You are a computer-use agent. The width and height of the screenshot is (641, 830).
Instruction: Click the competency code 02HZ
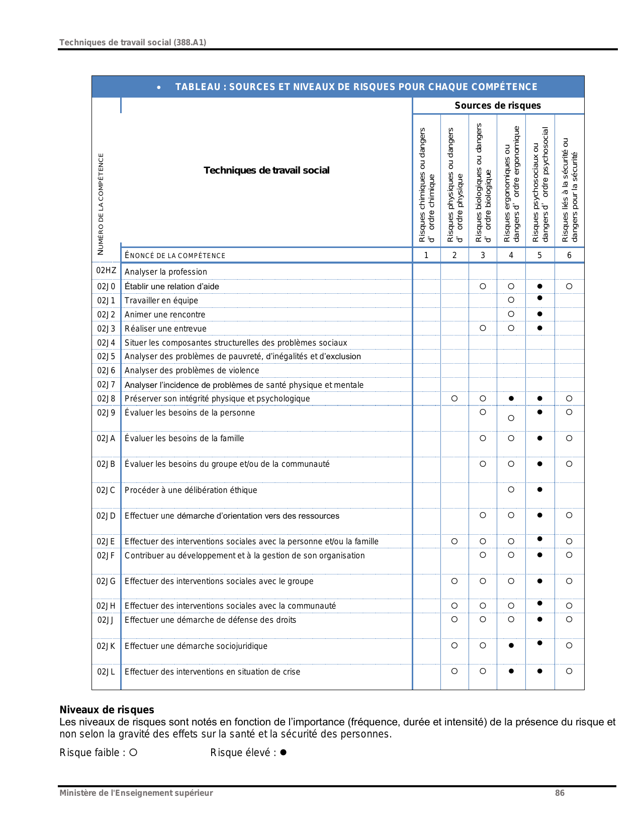pyautogui.click(x=106, y=271)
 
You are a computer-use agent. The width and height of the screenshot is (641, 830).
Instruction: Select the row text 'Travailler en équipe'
pyautogui.click(x=161, y=300)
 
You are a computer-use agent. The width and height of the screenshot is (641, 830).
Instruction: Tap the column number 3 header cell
pyautogui.click(x=483, y=255)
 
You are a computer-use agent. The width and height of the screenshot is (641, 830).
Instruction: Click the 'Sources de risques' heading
pyautogui.click(x=498, y=106)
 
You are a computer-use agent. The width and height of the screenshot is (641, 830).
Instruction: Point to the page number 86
pyautogui.click(x=560, y=793)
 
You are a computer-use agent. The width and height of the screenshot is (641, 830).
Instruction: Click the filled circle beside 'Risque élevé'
pyautogui.click(x=284, y=753)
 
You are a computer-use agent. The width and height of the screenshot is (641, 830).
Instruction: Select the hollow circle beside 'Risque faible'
pyautogui.click(x=133, y=753)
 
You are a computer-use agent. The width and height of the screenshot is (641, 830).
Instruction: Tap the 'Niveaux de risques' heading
pyautogui.click(x=107, y=710)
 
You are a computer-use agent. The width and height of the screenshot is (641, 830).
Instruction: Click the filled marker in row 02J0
pyautogui.click(x=540, y=286)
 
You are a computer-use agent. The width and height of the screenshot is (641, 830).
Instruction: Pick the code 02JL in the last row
pyautogui.click(x=106, y=672)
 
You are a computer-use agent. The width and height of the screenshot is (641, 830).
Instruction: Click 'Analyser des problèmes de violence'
pyautogui.click(x=192, y=370)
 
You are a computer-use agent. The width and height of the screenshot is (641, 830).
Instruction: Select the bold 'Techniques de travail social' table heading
pyautogui.click(x=266, y=171)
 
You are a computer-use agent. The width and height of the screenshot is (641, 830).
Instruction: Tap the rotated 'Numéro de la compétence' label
pyautogui.click(x=101, y=204)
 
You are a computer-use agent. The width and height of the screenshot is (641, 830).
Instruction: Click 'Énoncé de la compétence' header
pyautogui.click(x=175, y=256)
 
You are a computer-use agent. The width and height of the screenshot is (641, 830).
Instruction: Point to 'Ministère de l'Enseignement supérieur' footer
pyautogui.click(x=136, y=793)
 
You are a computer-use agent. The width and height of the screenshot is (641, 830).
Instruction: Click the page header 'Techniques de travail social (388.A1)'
pyautogui.click(x=133, y=42)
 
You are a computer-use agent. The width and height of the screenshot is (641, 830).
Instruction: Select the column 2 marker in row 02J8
pyautogui.click(x=454, y=398)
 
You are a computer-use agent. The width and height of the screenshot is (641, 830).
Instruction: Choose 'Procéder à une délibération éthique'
pyautogui.click(x=191, y=490)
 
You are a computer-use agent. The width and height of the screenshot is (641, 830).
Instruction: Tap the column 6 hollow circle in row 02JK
pyautogui.click(x=569, y=645)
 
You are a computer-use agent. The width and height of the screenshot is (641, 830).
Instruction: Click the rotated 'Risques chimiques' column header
pyautogui.click(x=426, y=185)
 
